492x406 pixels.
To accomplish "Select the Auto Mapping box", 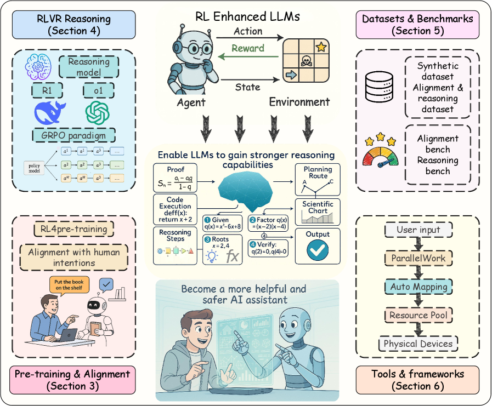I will pos(419,287).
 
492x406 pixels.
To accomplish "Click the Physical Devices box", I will pos(418,344).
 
